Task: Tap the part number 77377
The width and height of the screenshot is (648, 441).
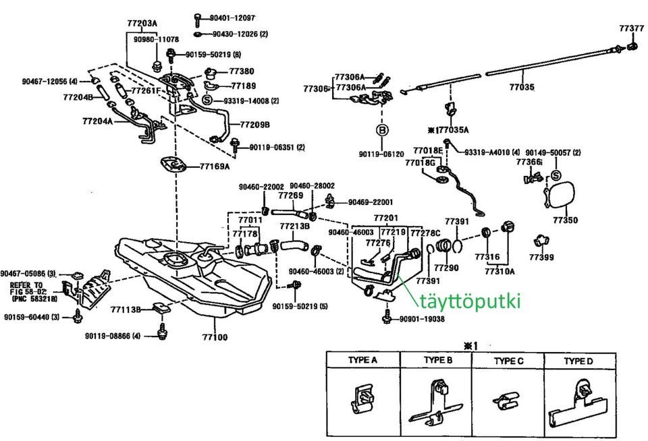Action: click(632, 28)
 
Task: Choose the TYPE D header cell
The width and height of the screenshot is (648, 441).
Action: click(578, 361)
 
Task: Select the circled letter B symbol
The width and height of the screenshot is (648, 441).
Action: click(381, 129)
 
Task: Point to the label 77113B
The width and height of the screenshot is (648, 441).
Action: click(126, 310)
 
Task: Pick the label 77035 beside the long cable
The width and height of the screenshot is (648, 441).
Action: click(521, 87)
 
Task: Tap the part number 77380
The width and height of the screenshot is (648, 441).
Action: click(242, 71)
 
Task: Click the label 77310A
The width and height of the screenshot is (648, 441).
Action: click(500, 272)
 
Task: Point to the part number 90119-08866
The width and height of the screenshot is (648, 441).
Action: click(113, 335)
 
